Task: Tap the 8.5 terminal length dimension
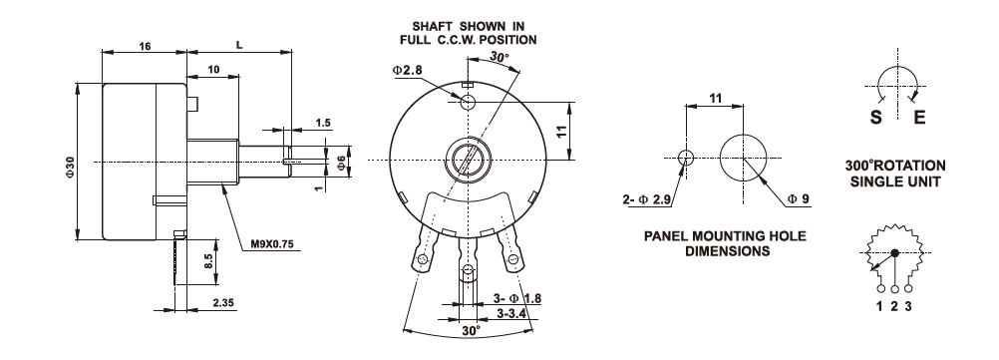(208, 261)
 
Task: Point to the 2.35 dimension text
(222, 303)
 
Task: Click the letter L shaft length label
(239, 45)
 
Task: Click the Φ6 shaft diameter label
(341, 162)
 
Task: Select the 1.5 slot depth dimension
(324, 123)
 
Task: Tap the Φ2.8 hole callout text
(407, 70)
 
